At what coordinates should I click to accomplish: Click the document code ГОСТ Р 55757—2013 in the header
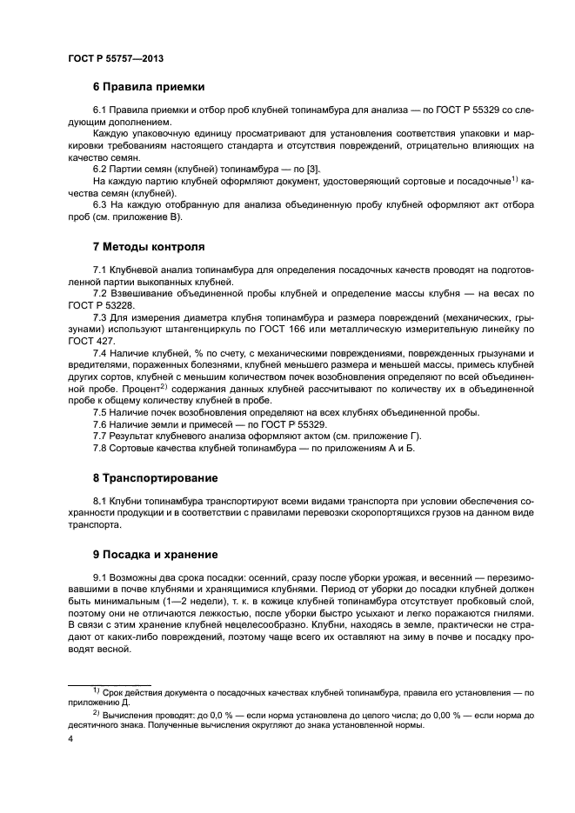coord(116,57)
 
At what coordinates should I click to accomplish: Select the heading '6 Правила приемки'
coord(149,87)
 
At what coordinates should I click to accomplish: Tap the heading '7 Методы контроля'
coord(149,246)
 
